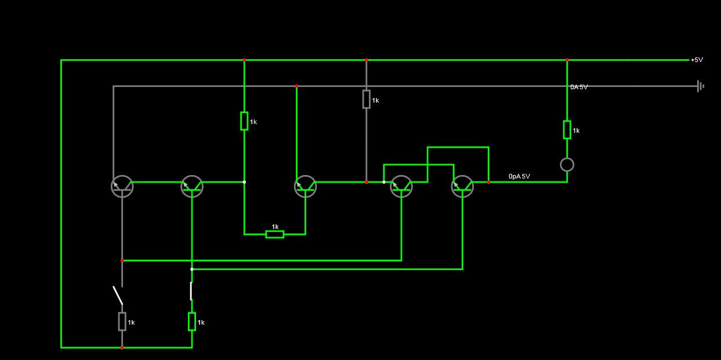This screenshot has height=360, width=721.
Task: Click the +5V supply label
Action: coord(697,60)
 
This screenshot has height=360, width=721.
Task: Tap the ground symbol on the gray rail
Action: coord(700,86)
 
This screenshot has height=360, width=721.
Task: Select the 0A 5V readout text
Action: coord(579,87)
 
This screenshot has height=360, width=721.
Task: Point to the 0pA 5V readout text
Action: coord(519,176)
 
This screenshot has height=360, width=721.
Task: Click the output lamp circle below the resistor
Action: coord(567,158)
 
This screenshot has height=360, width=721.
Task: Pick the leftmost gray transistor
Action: coord(122,186)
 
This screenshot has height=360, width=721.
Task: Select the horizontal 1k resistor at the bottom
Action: coord(274,235)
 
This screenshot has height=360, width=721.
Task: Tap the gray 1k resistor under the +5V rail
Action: coord(366,99)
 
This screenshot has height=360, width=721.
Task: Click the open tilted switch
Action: coord(118,295)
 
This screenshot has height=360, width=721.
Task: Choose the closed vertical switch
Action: coord(191,291)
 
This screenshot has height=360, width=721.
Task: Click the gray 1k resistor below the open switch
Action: coord(122,321)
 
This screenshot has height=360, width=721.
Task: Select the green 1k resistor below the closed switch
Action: coord(192,321)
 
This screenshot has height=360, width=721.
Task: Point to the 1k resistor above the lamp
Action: coord(567,130)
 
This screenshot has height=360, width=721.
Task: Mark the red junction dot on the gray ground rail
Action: coord(296,86)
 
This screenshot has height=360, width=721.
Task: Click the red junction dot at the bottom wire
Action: coord(122,347)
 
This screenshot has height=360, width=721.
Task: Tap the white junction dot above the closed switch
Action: coord(192,270)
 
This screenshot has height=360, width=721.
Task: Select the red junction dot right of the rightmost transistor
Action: coord(488,182)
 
